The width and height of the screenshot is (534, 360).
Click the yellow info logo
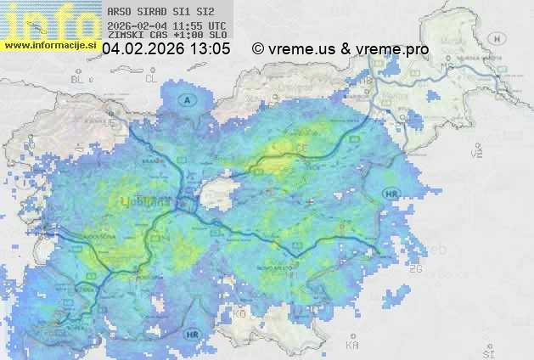point(47,19)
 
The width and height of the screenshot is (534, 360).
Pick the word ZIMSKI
point(126,37)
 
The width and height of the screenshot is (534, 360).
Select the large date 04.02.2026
point(143,49)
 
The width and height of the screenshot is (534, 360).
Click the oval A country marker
point(187,100)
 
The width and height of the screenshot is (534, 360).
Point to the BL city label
point(79,79)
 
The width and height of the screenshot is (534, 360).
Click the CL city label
point(152,78)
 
